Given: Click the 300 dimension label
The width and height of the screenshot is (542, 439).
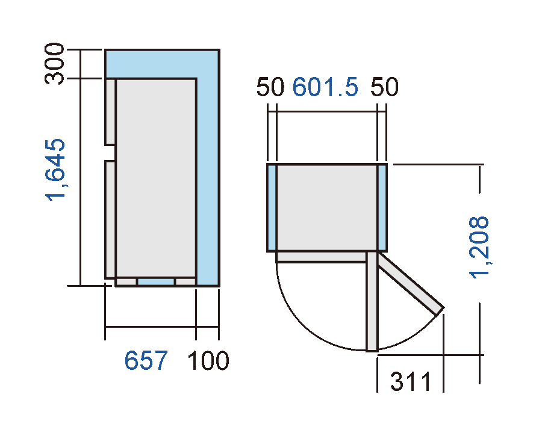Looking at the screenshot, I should click(x=55, y=64).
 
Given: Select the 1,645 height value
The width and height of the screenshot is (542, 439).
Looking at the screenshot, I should click(x=55, y=171).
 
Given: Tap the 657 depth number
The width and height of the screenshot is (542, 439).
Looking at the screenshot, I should click(x=146, y=361).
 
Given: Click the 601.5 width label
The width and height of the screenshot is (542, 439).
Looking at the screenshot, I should click(x=325, y=88).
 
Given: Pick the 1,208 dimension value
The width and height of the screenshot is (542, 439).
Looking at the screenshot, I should click(x=481, y=247).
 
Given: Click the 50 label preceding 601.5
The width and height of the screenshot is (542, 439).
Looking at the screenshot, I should click(x=269, y=88).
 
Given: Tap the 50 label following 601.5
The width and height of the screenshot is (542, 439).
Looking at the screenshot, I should click(x=384, y=88).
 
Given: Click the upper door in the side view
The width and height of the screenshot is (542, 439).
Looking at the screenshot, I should click(x=110, y=112).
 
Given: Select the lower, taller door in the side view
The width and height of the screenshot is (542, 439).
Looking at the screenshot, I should click(x=110, y=219).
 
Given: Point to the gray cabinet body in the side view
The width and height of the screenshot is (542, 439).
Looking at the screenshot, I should click(x=156, y=177).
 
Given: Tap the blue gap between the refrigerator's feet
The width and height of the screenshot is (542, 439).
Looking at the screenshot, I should click(x=156, y=281).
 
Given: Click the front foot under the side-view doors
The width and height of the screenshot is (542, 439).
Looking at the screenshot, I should click(x=126, y=281).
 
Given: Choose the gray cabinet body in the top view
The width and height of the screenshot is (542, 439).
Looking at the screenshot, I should click(x=327, y=207).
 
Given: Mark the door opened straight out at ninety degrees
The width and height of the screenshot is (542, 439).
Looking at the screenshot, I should click(x=372, y=301).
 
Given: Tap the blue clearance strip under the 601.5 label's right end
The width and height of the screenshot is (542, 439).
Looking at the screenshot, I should click(x=382, y=207).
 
